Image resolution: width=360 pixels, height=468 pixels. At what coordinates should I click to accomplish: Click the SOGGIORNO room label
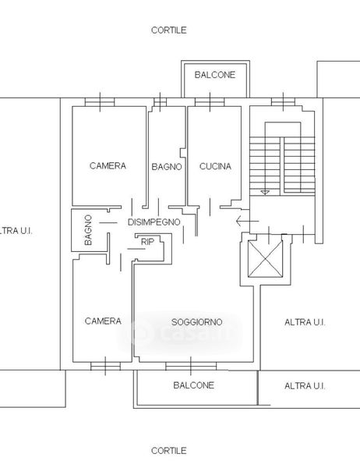coord(197,322)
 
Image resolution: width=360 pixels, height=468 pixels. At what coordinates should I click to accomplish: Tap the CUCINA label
coord(215,166)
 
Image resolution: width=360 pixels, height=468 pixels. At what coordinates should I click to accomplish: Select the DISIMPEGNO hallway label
coord(154,222)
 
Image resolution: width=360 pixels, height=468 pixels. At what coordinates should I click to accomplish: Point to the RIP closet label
coord(147,242)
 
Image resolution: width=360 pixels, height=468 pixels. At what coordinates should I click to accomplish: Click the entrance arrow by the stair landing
coord(247,222)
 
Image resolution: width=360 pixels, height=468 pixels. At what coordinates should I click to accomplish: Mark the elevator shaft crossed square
coord(265,259)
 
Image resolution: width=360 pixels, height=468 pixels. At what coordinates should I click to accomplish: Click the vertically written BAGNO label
coord(88,230)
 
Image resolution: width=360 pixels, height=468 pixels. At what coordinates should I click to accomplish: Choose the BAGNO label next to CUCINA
coord(167,167)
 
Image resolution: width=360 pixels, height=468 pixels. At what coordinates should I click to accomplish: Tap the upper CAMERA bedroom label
coord(108,165)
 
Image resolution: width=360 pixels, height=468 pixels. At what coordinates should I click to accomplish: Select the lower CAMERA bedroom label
coord(103,321)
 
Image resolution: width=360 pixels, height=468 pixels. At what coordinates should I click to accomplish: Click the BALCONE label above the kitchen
coord(215,75)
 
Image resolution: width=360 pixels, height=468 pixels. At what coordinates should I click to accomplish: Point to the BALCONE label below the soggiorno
coord(193,385)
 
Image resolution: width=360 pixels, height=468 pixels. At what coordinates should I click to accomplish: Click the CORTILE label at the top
coord(169,30)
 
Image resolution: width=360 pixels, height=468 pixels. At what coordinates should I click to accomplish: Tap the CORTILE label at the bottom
coord(169,450)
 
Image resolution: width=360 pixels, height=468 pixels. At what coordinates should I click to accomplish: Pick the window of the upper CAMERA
coord(100,102)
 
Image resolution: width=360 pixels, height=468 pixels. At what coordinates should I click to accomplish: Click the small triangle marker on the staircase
coord(265,193)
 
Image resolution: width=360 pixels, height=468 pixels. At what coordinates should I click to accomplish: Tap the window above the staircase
coord(283,102)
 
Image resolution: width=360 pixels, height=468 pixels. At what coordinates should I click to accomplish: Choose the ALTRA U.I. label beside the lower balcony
coord(305,386)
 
